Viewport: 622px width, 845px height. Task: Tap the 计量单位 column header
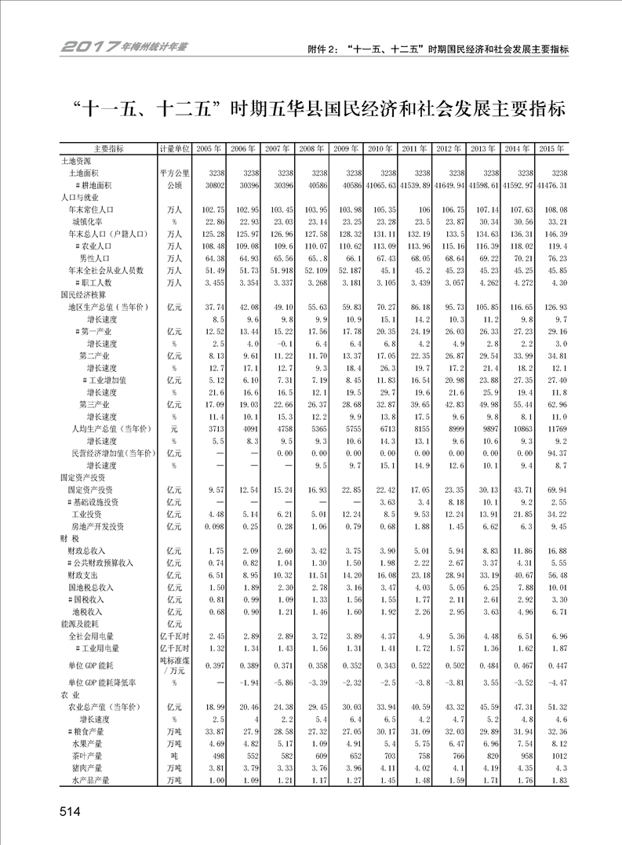[x=174, y=148]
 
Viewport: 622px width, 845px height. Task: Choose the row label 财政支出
[x=84, y=575]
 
